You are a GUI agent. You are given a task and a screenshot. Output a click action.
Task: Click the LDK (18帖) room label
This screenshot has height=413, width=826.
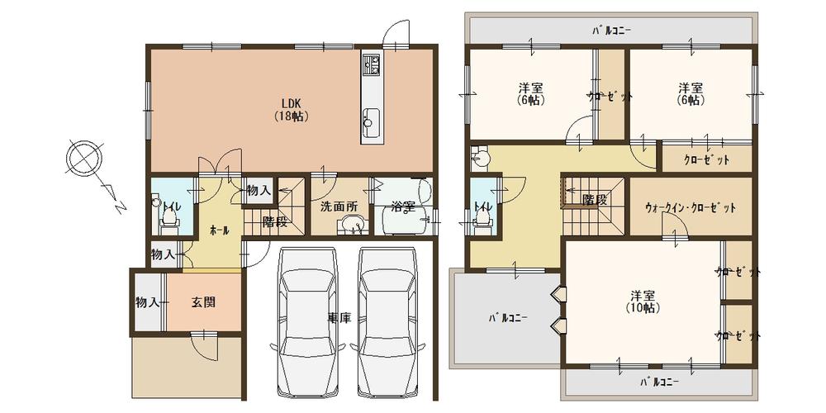coord(290,110)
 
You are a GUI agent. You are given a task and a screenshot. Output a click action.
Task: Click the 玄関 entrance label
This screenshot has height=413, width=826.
coord(203,303)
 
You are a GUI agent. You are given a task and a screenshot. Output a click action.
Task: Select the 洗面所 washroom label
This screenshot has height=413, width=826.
coord(338,206)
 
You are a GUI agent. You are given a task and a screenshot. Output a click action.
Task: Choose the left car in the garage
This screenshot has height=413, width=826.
coord(307,322)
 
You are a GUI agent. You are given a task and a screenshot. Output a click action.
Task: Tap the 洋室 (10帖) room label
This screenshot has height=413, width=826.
coord(643,301)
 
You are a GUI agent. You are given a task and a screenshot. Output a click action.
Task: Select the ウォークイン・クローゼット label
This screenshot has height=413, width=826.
coord(690,208)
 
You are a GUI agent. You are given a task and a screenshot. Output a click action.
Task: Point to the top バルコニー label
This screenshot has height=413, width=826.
coord(611,31)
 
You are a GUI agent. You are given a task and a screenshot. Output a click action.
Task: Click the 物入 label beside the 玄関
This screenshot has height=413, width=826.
coord(147,303)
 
